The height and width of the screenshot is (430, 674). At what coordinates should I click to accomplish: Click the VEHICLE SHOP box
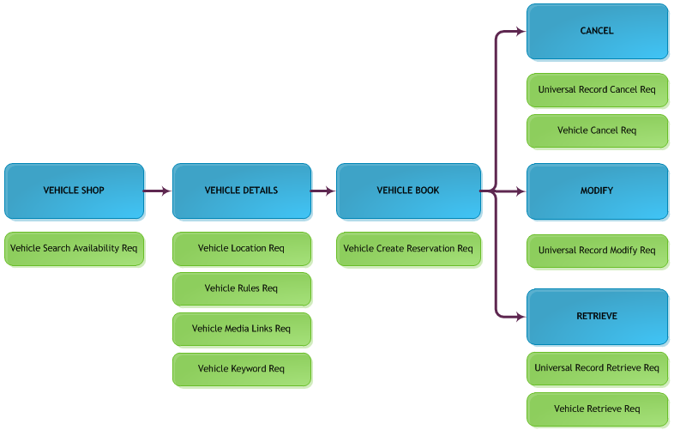pos(74,191)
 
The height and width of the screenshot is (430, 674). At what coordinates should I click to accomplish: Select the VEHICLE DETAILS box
pos(242,191)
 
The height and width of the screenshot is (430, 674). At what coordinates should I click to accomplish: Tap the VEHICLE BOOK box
pos(408,191)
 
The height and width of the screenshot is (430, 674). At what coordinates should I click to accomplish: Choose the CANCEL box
pos(598,32)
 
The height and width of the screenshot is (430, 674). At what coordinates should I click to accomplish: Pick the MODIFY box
pos(598,191)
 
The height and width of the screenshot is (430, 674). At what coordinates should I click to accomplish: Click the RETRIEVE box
pos(598,317)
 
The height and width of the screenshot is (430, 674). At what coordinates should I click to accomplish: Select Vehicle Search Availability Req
pos(74,249)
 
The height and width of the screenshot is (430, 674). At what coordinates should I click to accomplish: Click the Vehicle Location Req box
pos(242,249)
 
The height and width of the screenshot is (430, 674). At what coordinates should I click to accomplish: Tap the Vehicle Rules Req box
pos(242,289)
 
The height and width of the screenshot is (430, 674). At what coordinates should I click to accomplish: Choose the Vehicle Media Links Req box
pos(242,330)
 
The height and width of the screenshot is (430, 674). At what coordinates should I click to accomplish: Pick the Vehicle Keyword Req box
pos(242,369)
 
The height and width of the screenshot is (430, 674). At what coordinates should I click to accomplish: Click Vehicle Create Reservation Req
pos(408,249)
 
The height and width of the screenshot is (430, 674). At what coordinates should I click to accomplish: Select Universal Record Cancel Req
pos(598,90)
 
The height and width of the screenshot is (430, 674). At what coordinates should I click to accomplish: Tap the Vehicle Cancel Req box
pos(598,130)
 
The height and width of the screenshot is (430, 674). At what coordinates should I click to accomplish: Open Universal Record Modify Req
pos(598,251)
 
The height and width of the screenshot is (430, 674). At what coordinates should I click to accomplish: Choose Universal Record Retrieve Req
pos(598,368)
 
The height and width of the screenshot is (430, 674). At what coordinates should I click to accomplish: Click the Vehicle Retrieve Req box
pos(598,409)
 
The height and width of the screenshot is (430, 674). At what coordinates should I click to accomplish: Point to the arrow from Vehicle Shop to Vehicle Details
pos(157,191)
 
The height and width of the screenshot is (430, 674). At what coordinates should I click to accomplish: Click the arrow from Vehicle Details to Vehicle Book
pos(322,191)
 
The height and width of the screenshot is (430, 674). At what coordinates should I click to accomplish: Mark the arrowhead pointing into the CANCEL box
pos(521,31)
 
